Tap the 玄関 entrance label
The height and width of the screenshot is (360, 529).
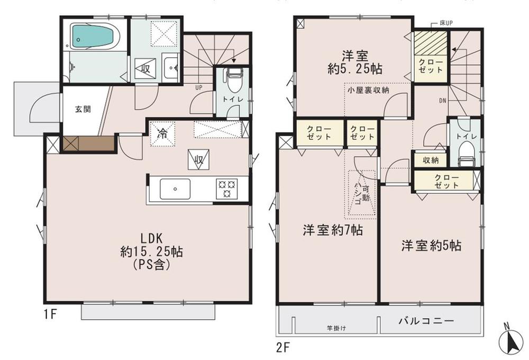point(82,110)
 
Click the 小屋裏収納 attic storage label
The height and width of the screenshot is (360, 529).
point(368,91)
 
